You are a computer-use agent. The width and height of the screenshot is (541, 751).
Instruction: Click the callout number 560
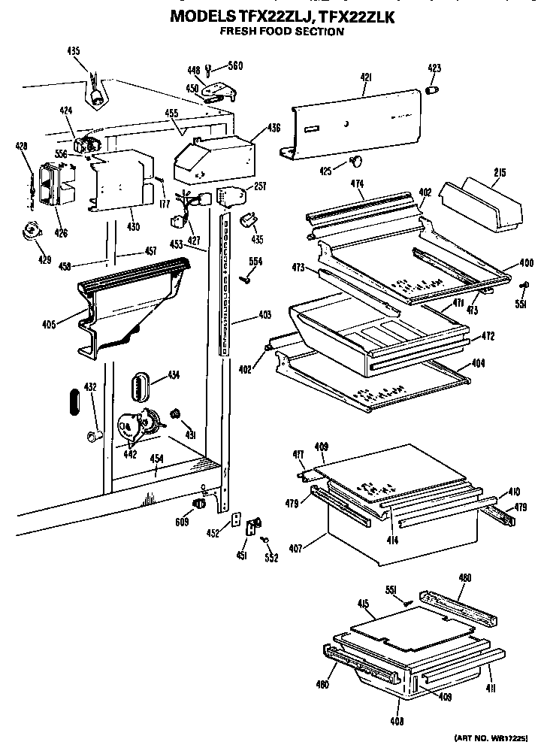click(x=236, y=66)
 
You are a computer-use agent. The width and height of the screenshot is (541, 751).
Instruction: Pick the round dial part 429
click(x=32, y=232)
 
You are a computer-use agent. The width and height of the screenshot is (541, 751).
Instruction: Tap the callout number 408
click(x=397, y=721)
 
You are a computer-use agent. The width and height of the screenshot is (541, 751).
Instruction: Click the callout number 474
click(x=356, y=183)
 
